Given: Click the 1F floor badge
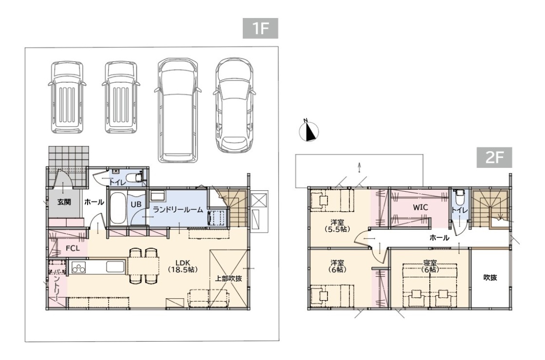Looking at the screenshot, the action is (260, 28).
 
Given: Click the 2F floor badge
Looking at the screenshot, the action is (494, 158).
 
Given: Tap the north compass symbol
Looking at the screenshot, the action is (309, 131).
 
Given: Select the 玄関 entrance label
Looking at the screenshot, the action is (64, 202).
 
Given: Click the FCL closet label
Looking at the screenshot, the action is (73, 248).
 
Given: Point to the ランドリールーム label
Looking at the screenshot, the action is (178, 210).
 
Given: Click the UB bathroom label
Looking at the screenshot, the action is (136, 204).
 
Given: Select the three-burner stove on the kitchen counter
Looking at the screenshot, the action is (78, 268).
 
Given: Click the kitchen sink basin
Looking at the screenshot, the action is (115, 267).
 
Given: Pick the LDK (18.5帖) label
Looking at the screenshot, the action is (182, 266).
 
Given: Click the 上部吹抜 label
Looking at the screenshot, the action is (228, 278).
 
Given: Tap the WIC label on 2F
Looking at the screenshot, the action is (420, 207).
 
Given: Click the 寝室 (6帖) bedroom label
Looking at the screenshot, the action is (430, 267).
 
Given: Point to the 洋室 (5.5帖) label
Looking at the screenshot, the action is (337, 226).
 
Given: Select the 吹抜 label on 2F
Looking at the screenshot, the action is (490, 277).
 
